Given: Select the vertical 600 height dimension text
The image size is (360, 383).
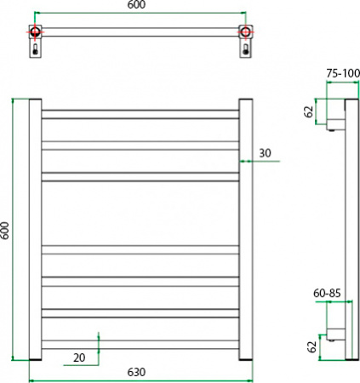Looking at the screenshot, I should (x=7, y=231).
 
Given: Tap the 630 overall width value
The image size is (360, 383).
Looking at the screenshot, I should (x=138, y=372).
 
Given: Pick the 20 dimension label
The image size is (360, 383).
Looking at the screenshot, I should (x=79, y=357).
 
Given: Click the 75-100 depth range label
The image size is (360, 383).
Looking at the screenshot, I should (x=342, y=73).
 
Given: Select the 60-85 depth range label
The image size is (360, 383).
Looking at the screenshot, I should (x=328, y=293).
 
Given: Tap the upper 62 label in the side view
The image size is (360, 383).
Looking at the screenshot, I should (x=309, y=111).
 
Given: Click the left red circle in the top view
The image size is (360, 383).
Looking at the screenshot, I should (x=35, y=33).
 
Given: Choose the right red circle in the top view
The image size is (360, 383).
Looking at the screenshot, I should (x=245, y=33).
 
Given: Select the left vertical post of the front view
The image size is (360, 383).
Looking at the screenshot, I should (x=36, y=230).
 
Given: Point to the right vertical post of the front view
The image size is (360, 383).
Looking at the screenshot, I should (x=245, y=230).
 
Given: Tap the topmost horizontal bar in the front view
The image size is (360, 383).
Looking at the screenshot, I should (x=140, y=112).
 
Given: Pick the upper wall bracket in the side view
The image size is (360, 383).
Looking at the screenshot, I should (x=334, y=125).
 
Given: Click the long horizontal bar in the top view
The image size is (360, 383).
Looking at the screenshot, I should (x=140, y=33).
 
